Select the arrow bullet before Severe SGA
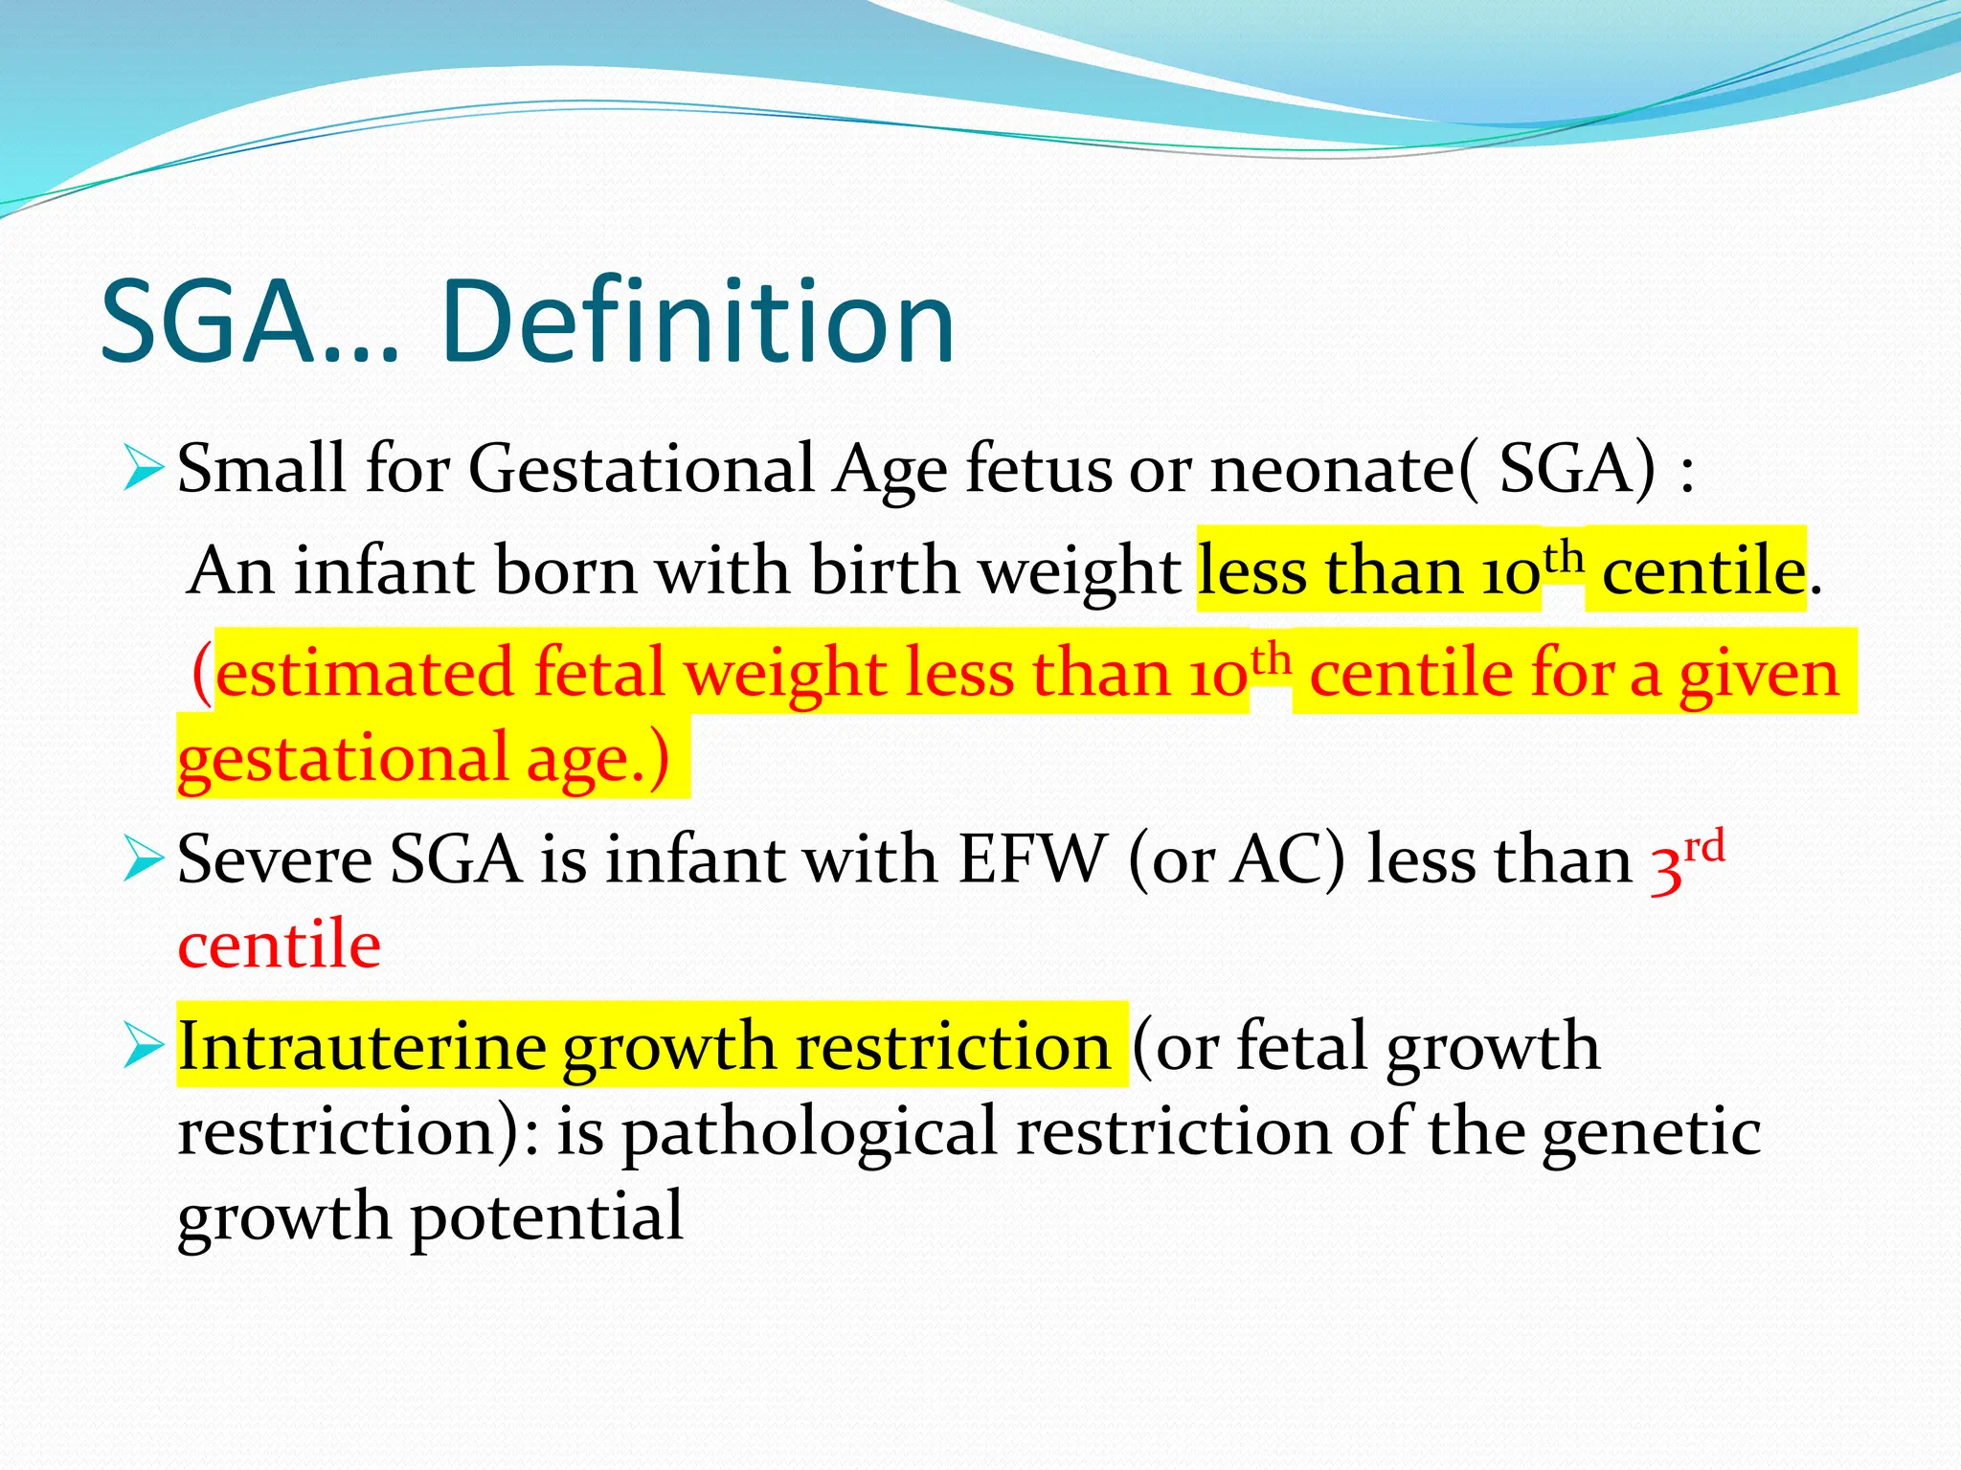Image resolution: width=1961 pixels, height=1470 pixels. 144,859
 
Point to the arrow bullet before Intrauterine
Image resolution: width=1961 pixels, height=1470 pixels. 144,1047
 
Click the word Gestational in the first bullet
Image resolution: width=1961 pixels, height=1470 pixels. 640,471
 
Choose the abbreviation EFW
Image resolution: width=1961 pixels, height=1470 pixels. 1031,859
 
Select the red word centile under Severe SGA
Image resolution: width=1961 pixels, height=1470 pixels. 279,945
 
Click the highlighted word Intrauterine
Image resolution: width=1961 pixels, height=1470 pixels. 361,1046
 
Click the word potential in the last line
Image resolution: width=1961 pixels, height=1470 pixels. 547,1216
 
